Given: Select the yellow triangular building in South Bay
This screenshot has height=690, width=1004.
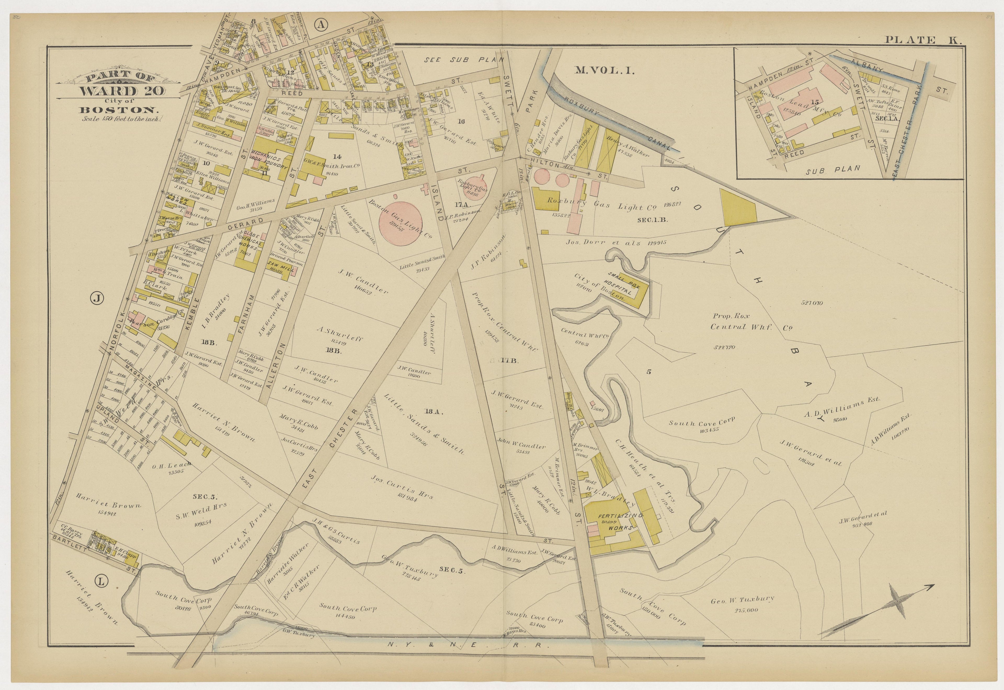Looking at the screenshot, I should [738, 209].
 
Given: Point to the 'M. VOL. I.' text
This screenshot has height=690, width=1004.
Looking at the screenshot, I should [604, 71].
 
